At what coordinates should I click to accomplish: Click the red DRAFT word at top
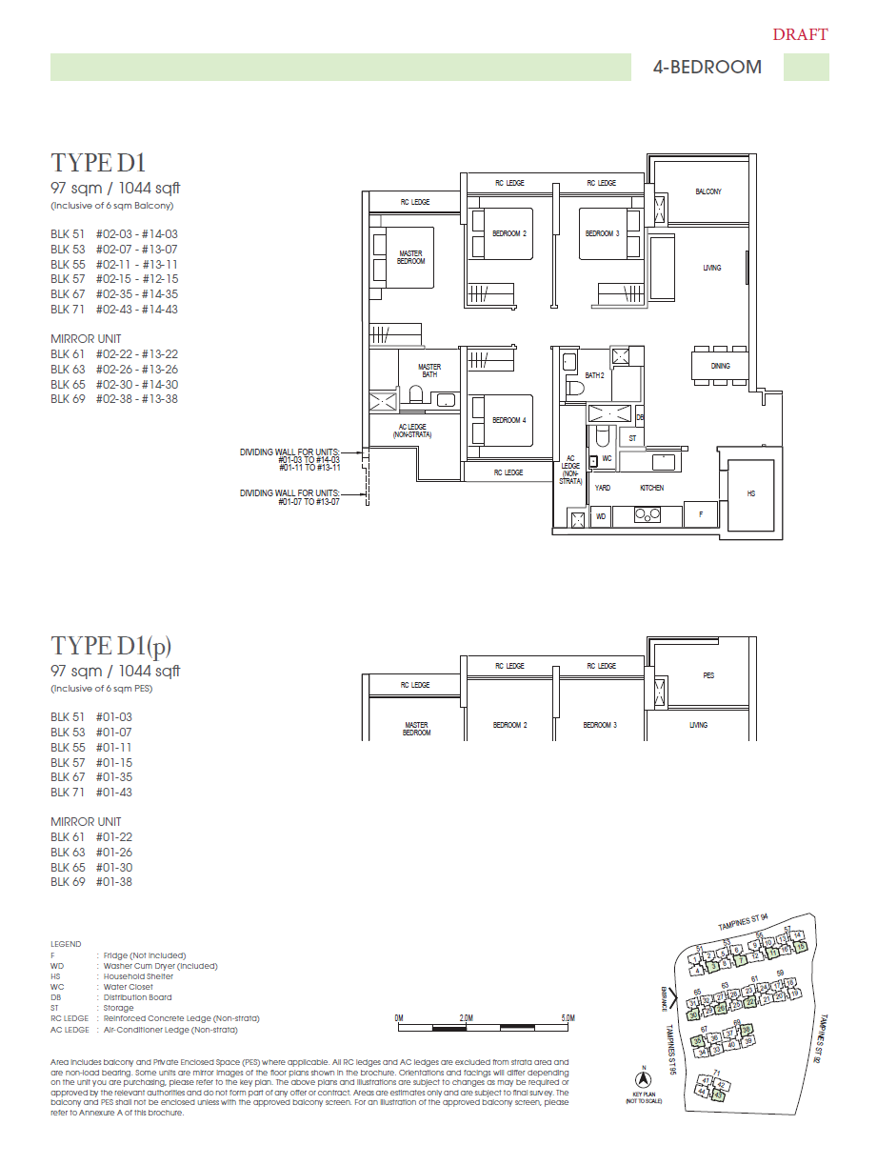point(800,35)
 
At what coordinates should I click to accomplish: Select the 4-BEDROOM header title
point(708,67)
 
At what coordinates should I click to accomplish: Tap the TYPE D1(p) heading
point(111,646)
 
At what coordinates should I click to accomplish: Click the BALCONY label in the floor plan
point(708,191)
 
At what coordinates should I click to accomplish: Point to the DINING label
point(721,366)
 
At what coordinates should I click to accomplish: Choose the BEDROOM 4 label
point(508,420)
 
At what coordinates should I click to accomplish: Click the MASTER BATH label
point(429,371)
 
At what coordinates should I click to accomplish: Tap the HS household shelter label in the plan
point(750,493)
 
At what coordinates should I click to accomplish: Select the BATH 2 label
point(595,375)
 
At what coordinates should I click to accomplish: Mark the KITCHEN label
point(651,488)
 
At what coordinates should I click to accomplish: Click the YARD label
point(602,488)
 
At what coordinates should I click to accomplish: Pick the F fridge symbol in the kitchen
point(701,514)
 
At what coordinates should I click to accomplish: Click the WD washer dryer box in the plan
point(601,516)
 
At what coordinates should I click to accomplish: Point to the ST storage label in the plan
point(632,438)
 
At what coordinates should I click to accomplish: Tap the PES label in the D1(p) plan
point(708,675)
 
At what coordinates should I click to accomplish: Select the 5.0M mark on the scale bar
point(568,1018)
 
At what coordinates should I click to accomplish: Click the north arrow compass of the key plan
point(644,1079)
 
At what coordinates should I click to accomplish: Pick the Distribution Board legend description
point(137,997)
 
